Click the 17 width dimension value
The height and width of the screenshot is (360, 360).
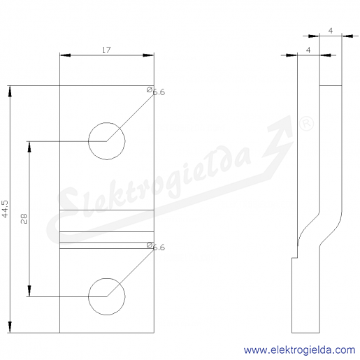point(106,50)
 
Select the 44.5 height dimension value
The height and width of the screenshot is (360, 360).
point(5,209)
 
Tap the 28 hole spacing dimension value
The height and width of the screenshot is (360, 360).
point(24,219)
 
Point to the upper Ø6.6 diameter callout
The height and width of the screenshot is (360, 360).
point(156,92)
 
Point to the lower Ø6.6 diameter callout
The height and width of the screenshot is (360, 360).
point(156,247)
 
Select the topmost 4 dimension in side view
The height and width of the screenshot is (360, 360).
point(331,31)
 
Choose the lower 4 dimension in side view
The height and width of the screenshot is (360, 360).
point(308,50)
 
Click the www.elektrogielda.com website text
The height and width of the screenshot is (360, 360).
point(299,350)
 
